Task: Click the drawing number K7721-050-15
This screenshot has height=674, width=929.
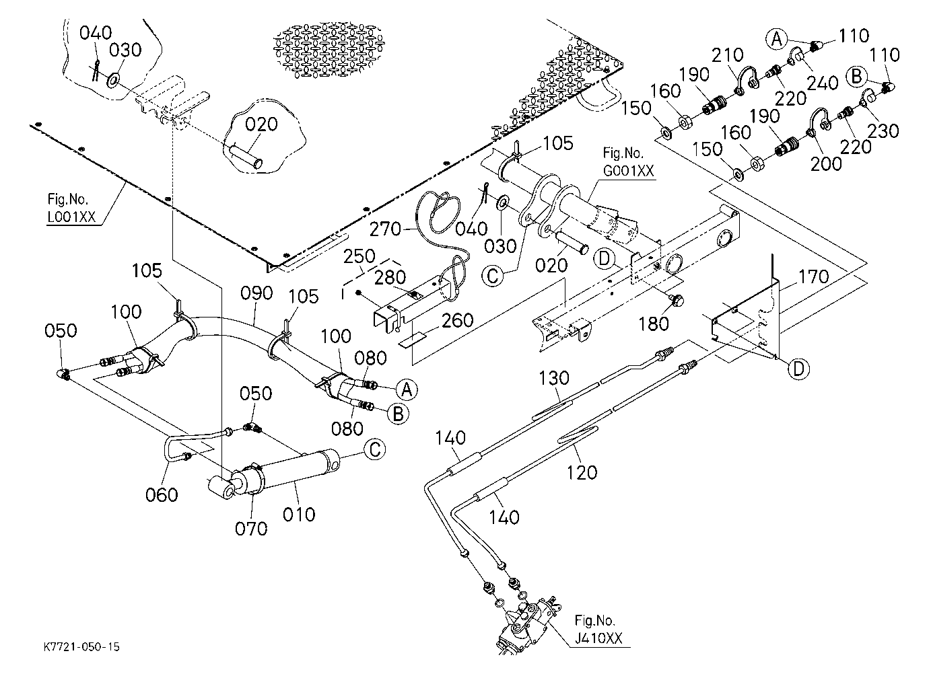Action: point(81,646)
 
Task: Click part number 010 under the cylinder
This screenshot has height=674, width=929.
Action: point(299,515)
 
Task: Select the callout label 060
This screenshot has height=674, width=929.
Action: point(162,494)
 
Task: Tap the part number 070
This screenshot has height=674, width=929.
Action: point(251,529)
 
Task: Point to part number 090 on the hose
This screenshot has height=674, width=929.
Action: point(256,293)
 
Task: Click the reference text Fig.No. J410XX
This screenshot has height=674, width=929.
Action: point(598,630)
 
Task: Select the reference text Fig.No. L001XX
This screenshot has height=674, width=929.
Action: point(71,207)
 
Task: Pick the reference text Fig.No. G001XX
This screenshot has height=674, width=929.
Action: point(628,161)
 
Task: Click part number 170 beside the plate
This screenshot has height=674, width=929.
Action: point(813,276)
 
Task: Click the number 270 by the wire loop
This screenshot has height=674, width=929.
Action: point(385,229)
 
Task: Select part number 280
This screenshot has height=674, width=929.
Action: point(390,277)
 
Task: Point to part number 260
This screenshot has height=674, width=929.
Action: point(458,320)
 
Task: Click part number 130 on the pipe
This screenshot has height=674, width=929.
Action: point(553,378)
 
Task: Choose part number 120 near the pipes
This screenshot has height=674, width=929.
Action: point(582,472)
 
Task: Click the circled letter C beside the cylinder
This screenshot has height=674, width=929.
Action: point(375,449)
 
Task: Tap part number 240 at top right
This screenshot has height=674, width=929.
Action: point(823,83)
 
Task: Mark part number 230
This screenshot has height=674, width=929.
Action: point(883,131)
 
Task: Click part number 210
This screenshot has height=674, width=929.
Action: point(728,54)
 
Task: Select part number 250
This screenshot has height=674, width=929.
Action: point(359,256)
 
